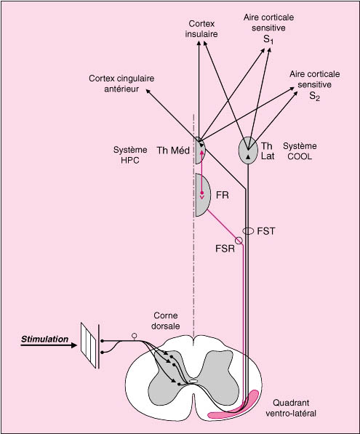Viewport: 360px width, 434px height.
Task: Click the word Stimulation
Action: coord(44,339)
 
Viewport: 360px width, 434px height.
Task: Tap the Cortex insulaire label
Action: coord(201,29)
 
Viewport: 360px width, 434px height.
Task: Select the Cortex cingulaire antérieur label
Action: coord(121,84)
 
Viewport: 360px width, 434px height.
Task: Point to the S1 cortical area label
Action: coord(268,28)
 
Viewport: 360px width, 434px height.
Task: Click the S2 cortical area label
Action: coord(315,86)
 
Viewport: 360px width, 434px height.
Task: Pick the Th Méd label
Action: coord(173,150)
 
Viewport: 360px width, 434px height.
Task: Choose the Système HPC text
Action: coord(130,155)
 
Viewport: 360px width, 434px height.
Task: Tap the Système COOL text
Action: coord(300,151)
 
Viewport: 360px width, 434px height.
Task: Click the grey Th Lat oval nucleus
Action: coord(248,150)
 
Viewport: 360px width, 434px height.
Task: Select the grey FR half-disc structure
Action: coord(202,195)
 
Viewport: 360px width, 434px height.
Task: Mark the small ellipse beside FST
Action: coord(248,230)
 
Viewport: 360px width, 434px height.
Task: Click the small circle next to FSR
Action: coord(239,241)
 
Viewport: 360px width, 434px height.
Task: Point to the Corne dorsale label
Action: coord(166,321)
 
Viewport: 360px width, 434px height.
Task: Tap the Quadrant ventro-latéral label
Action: coord(291,408)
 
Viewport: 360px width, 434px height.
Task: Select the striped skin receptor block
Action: coord(88,345)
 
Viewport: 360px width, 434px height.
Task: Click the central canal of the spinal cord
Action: coord(193,381)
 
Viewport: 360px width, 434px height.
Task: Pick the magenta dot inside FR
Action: coord(202,193)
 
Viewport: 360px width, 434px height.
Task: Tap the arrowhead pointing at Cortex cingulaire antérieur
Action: coord(148,92)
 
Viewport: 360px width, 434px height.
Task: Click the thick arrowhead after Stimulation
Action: coord(74,345)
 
